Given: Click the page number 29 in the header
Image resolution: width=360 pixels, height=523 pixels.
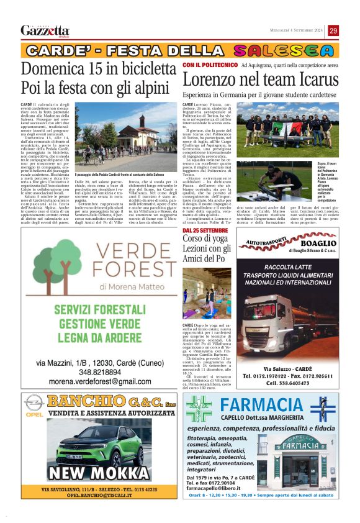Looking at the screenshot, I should (x=333, y=30).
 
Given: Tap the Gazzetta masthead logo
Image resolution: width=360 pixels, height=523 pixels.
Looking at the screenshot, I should (x=45, y=30).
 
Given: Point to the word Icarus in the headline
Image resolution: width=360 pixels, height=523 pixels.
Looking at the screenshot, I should (x=317, y=80).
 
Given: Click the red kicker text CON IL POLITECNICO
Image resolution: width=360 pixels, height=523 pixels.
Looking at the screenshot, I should (x=210, y=65).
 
